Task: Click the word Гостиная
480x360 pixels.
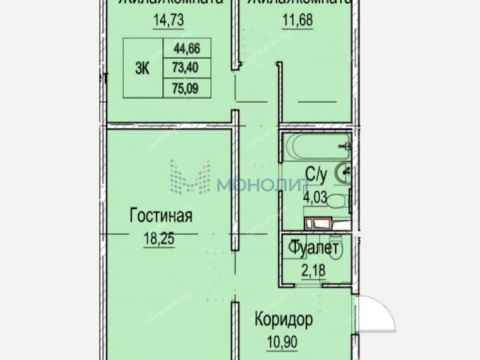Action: pos(160,214)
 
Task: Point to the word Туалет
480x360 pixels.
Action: pos(315,247)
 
